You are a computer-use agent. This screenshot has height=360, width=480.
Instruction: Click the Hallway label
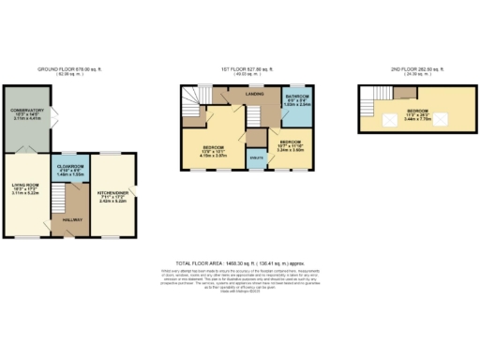click(x=71, y=219)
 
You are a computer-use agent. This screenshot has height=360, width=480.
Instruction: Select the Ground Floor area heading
click(x=71, y=69)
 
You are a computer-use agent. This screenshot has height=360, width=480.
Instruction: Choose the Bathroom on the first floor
click(x=297, y=102)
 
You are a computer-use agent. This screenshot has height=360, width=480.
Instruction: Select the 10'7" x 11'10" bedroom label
click(x=293, y=146)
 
